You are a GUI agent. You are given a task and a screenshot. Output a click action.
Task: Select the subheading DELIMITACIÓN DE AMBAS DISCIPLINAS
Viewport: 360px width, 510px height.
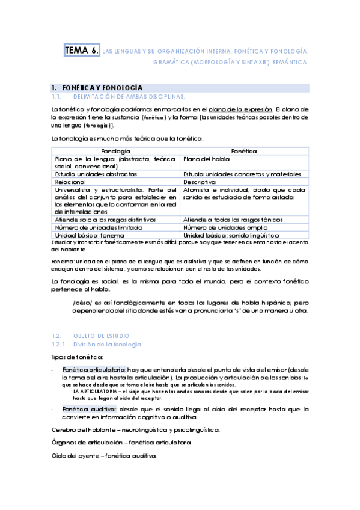[129, 96]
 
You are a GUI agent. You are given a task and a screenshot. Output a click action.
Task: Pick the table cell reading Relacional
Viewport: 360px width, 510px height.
[70, 181]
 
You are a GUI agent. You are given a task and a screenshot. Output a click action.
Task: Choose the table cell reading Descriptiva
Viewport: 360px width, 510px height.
[200, 181]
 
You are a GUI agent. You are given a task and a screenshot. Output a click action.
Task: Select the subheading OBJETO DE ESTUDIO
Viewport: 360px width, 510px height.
[101, 335]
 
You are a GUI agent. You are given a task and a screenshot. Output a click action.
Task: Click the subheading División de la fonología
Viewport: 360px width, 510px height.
[108, 344]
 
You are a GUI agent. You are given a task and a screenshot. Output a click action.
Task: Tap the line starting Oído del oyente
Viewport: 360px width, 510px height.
[105, 456]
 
